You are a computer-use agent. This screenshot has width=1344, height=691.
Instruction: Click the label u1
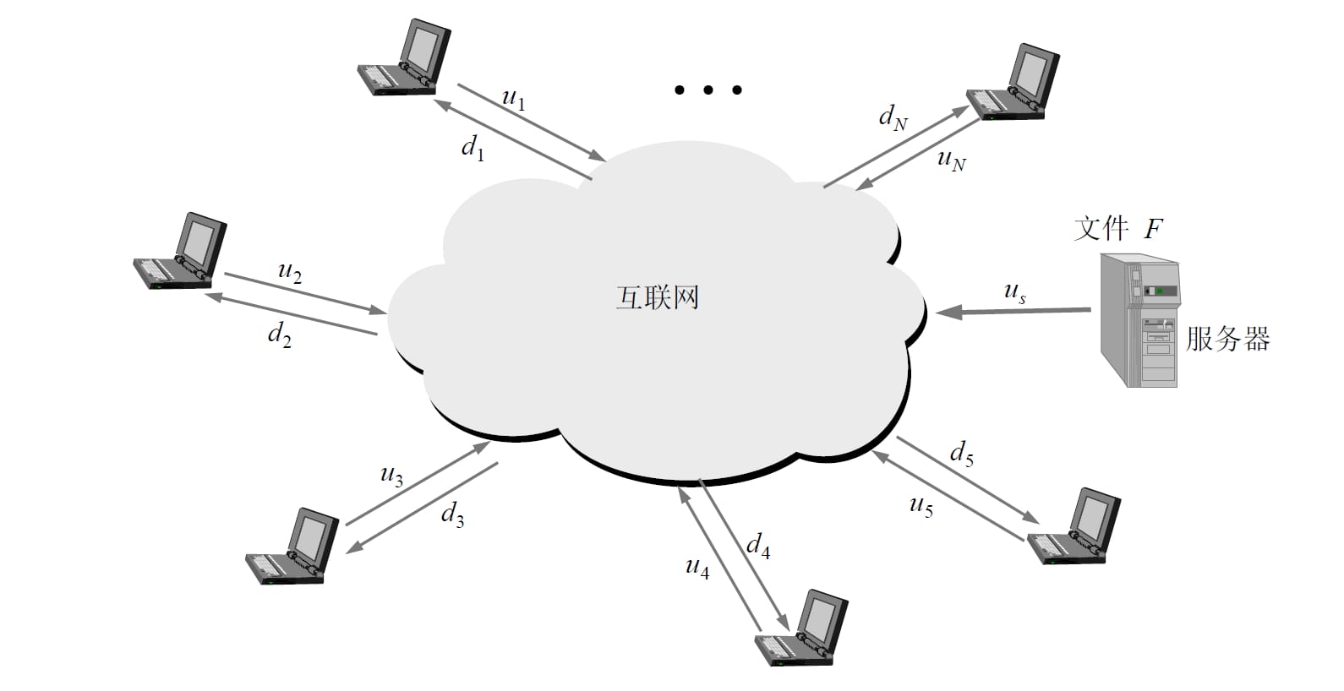(x=514, y=100)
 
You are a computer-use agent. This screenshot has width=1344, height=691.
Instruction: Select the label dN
(x=893, y=117)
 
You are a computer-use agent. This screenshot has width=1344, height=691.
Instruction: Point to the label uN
(x=951, y=159)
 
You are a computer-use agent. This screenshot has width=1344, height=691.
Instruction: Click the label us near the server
(x=1015, y=292)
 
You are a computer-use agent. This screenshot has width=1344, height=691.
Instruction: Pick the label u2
(x=290, y=272)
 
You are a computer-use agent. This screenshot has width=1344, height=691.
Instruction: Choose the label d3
(x=452, y=514)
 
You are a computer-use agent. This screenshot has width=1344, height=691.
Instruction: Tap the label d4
(x=758, y=546)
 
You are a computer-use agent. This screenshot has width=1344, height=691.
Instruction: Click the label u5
(x=921, y=506)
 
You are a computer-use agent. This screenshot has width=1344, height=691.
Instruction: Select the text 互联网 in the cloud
(x=658, y=298)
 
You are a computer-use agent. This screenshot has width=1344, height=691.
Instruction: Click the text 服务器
(x=1227, y=339)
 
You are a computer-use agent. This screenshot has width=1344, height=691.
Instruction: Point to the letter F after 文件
(x=1153, y=228)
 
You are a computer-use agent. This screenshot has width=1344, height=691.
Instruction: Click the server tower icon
(x=1139, y=321)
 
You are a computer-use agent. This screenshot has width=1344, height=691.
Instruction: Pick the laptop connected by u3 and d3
(x=292, y=547)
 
